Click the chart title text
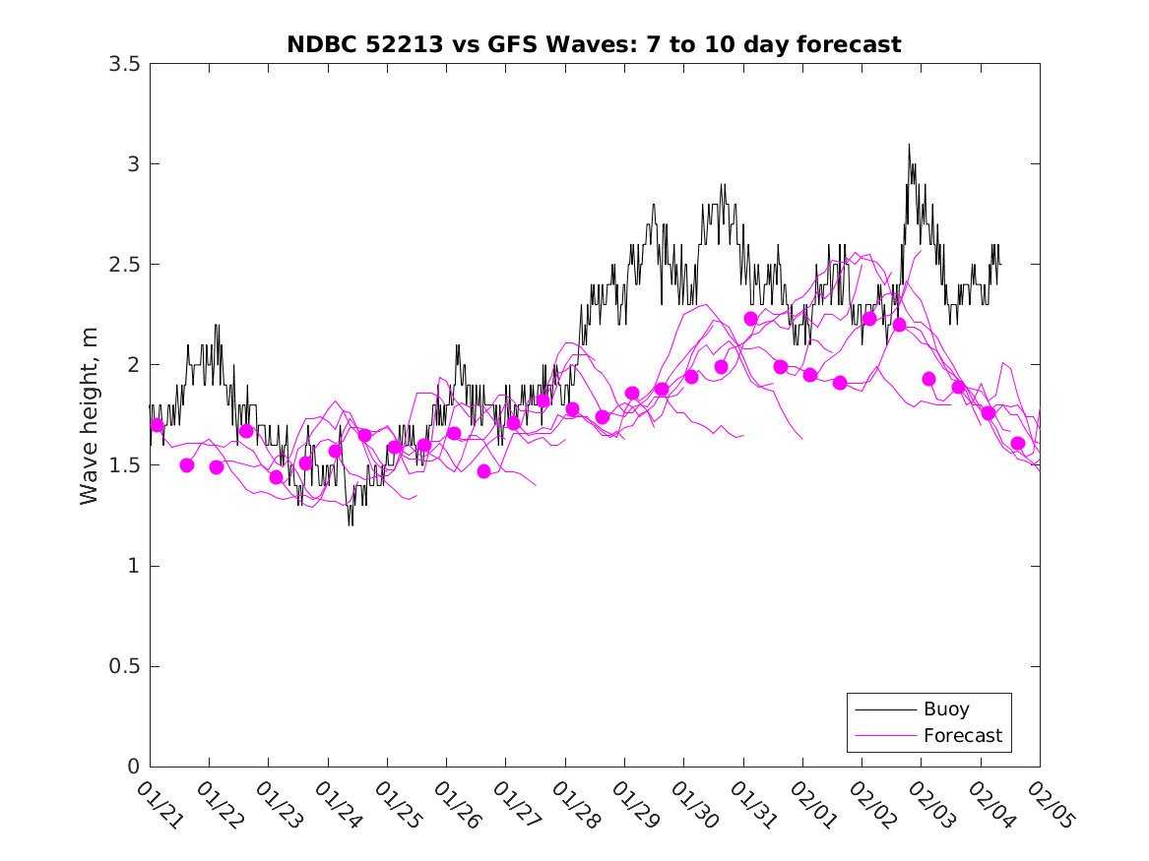coord(594,45)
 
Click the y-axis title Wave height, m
coord(90,415)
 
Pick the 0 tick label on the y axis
coord(133,767)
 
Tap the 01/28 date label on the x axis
coord(575,805)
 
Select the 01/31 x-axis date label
coord(753,805)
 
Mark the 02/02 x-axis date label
coord(872,805)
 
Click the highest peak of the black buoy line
coord(909,145)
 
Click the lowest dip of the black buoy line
coord(349,524)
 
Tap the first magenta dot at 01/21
coord(157,425)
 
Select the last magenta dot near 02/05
coord(1018,444)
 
